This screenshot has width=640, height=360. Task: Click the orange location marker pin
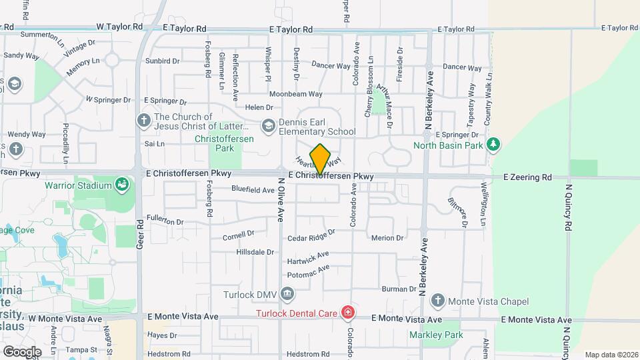[320, 159]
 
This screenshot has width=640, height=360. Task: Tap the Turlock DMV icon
[287, 293]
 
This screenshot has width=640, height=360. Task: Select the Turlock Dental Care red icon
[347, 312]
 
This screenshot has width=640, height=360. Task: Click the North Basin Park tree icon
[493, 145]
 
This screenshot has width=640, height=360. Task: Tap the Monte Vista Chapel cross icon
[437, 301]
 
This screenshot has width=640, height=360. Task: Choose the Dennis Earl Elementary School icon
[268, 126]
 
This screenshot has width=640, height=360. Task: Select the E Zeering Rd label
[527, 177]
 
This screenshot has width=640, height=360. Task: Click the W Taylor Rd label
[119, 27]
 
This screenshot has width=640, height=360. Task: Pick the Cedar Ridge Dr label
[311, 236]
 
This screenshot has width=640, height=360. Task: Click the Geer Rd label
[140, 234]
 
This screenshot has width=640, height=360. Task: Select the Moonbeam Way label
[295, 94]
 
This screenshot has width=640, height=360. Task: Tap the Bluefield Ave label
[253, 190]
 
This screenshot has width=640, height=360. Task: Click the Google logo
[22, 351]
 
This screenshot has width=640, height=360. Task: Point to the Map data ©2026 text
[611, 355]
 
